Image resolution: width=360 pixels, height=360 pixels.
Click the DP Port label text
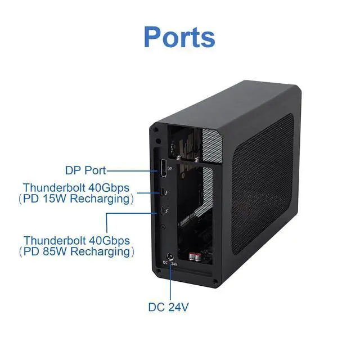click(x=85, y=170)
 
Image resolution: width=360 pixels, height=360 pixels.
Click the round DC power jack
click(x=170, y=256)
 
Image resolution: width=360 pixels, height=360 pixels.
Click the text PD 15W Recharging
click(x=79, y=199)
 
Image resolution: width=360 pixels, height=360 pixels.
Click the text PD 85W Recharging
click(x=79, y=251)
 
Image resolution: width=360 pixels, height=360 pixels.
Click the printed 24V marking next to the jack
click(x=174, y=264)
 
